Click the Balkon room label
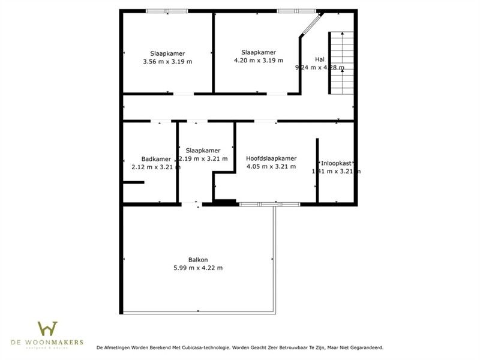click(198, 260)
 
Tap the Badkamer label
click(148, 159)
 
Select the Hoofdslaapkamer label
click(271, 158)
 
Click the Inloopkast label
click(336, 163)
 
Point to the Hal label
click(319, 59)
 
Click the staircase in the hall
click(338, 62)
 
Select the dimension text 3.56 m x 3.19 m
click(168, 61)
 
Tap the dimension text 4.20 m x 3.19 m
click(259, 60)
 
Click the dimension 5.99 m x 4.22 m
click(198, 268)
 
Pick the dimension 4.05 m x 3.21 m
click(271, 166)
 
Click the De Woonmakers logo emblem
click(47, 329)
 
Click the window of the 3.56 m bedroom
click(167, 11)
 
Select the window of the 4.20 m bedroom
click(296, 11)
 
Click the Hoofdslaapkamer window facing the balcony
click(269, 205)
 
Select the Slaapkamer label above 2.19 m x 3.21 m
click(203, 151)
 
